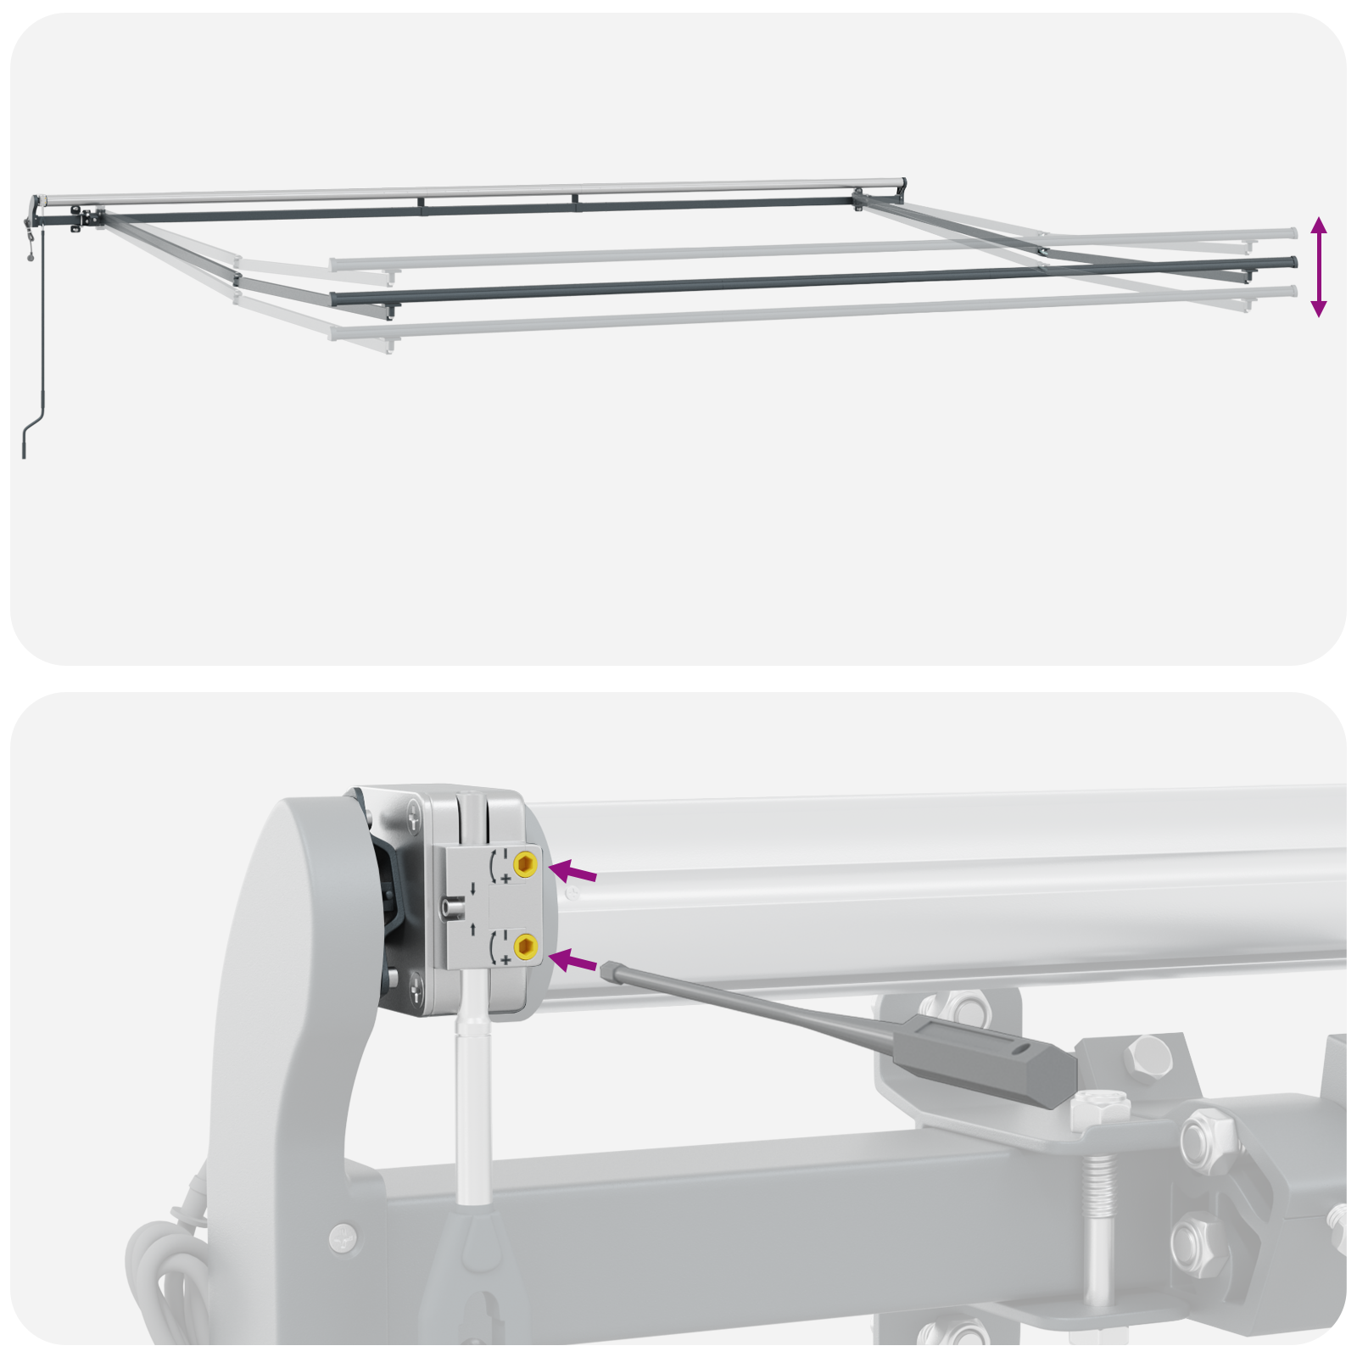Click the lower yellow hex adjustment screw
525,946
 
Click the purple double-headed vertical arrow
1318,266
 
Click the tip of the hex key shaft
606,968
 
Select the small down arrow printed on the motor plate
472,889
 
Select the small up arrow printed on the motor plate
472,929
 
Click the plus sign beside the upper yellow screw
505,880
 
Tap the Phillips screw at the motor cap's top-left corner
413,818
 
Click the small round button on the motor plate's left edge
450,908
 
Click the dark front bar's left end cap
335,299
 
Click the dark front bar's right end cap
1294,262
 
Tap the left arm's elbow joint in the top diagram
237,278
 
